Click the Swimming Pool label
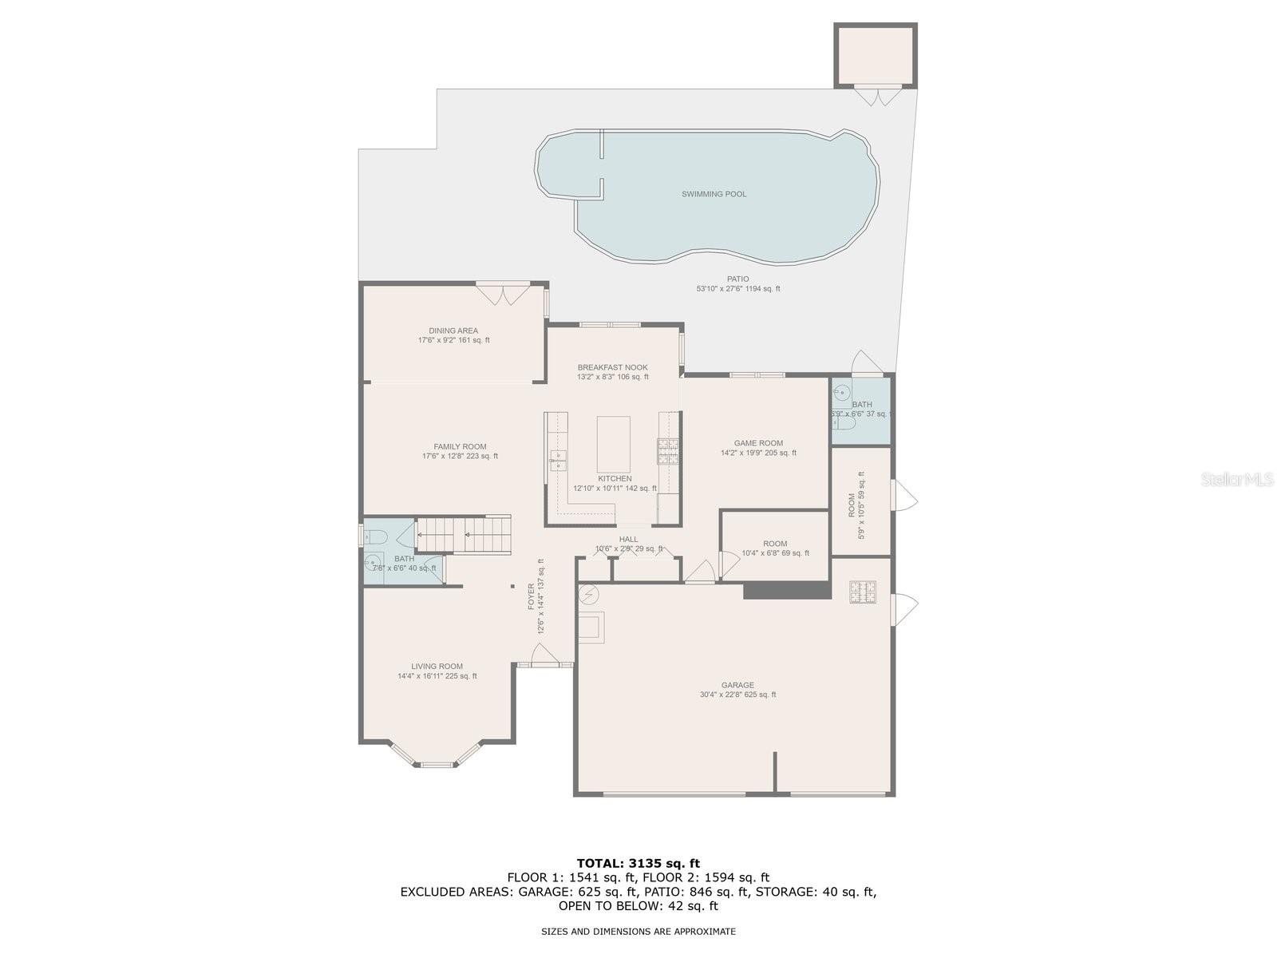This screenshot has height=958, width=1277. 714,194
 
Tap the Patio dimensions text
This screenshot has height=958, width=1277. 737,289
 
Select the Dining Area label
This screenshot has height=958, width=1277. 453,331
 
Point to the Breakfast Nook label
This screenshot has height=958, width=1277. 612,367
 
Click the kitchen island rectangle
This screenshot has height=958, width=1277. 613,444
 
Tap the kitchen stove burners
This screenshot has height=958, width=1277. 667,451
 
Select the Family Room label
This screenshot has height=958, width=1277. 460,447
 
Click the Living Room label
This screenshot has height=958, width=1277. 437,667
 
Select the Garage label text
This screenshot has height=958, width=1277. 737,685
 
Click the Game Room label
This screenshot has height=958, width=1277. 758,443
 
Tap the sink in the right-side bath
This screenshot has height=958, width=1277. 843,392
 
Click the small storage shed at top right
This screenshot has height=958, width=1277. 876,55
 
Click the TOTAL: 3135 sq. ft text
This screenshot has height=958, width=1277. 638,863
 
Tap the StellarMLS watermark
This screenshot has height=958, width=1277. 1236,479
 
